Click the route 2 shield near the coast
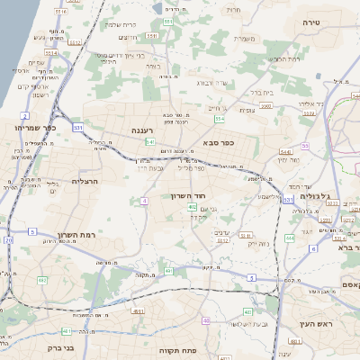[25, 115]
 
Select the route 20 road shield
[8, 240]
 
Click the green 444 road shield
[288, 238]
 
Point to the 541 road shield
[150, 141]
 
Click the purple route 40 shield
[207, 320]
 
